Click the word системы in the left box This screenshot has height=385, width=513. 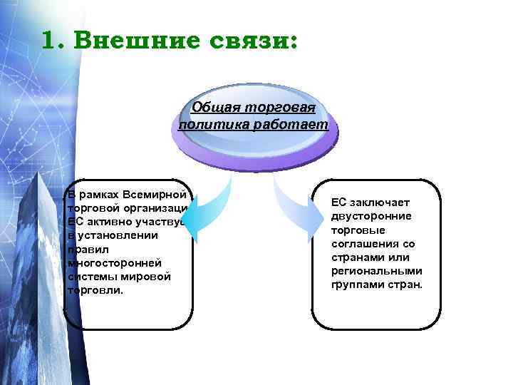pos(90,277)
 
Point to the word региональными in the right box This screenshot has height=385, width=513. pos(377,271)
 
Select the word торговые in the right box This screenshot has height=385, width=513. pos(358,230)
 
